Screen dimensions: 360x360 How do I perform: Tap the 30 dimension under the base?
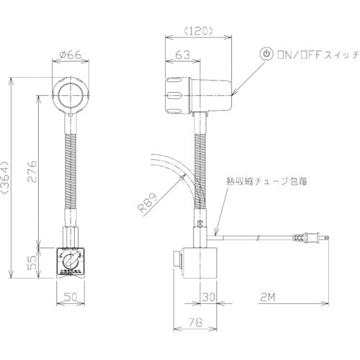(208, 295)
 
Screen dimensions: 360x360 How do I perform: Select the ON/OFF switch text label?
(306, 54)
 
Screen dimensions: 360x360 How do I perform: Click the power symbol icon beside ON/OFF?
(266, 54)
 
